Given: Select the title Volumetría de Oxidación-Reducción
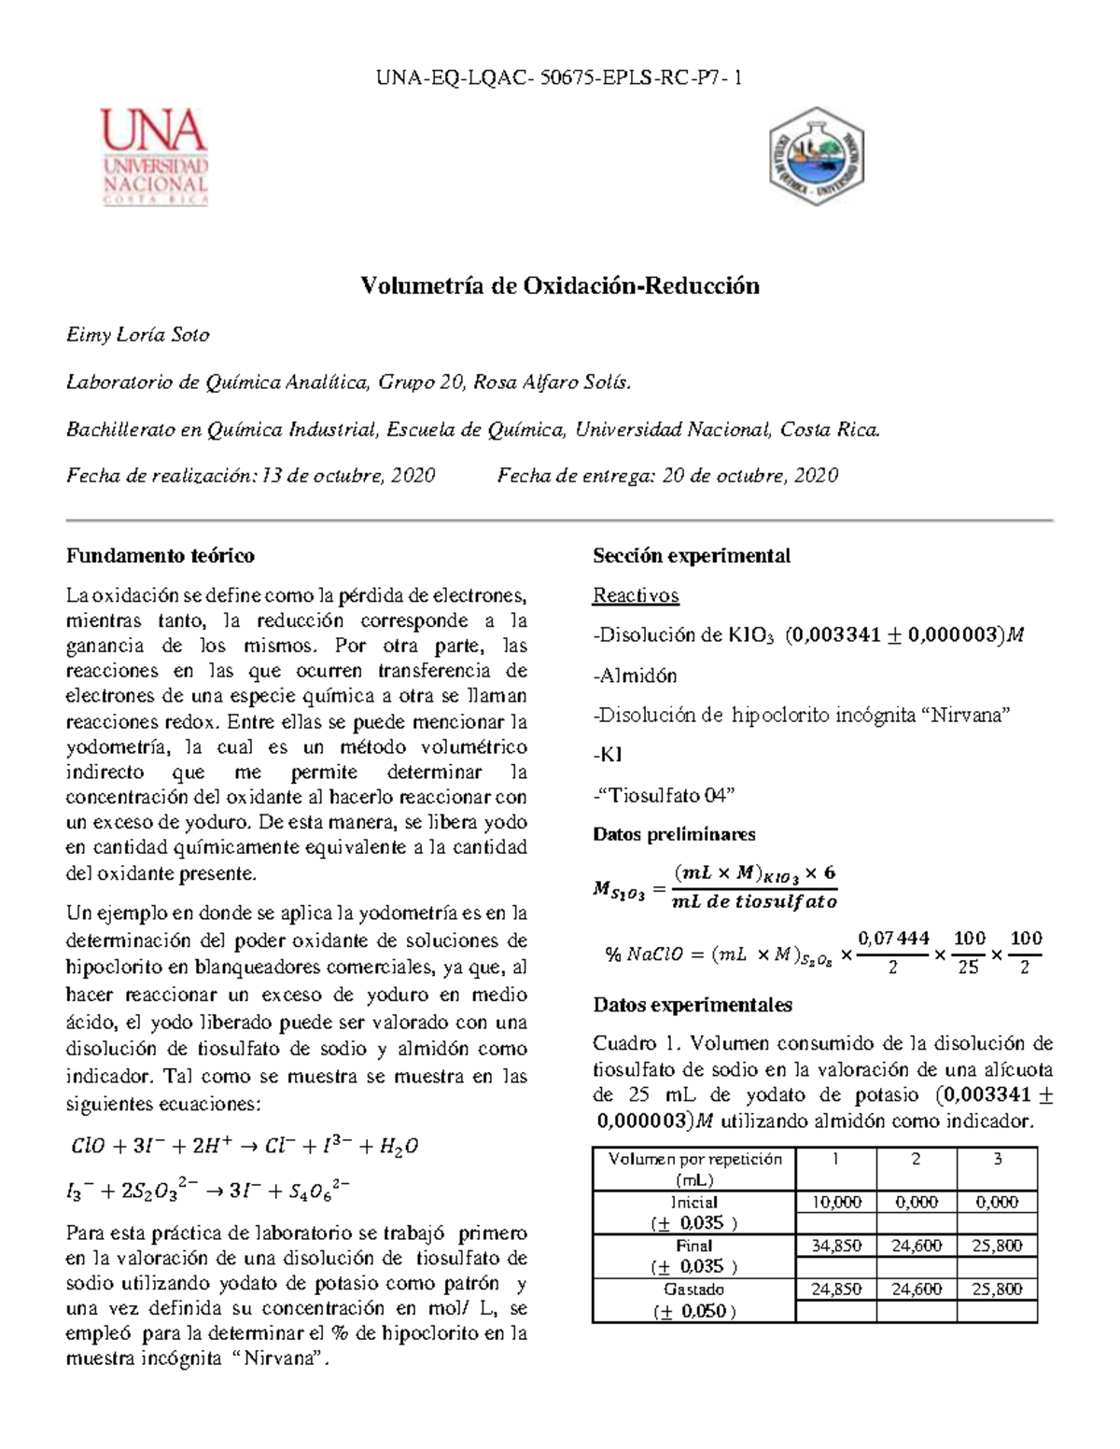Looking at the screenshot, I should (560, 286).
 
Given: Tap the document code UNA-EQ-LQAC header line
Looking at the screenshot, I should (559, 78).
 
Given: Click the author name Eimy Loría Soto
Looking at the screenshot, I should (138, 335).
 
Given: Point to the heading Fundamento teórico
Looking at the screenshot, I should (160, 556).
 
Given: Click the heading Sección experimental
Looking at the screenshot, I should (692, 556).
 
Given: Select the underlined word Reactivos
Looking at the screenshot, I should (636, 595).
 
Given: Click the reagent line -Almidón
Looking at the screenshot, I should (636, 676).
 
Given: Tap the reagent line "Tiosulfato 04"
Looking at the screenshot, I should (665, 795).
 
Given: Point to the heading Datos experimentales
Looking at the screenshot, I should (693, 1005).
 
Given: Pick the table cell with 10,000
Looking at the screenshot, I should (835, 1203).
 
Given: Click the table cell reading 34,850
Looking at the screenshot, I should (835, 1246).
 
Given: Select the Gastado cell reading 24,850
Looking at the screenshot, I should (835, 1289).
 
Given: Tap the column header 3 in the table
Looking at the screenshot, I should (997, 1160).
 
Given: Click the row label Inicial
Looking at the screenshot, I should (694, 1203).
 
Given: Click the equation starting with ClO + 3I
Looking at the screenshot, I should (245, 1147).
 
